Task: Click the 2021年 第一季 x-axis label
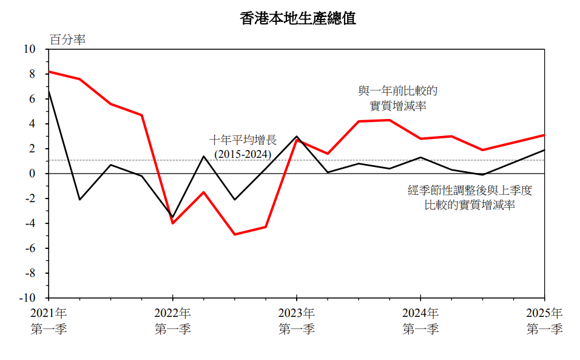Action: pos(49,321)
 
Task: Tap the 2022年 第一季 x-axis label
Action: pos(172,321)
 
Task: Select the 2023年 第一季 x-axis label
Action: pos(296,321)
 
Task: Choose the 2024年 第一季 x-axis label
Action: pos(420,321)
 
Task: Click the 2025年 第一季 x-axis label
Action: pos(544,321)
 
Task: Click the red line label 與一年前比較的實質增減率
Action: pos(398,98)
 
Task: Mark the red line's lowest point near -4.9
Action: pos(234,234)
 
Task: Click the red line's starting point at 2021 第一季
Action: pos(49,72)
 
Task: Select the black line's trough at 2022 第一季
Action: pos(172,217)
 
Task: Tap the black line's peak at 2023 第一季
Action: pos(296,137)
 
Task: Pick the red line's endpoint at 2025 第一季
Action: pos(544,135)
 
